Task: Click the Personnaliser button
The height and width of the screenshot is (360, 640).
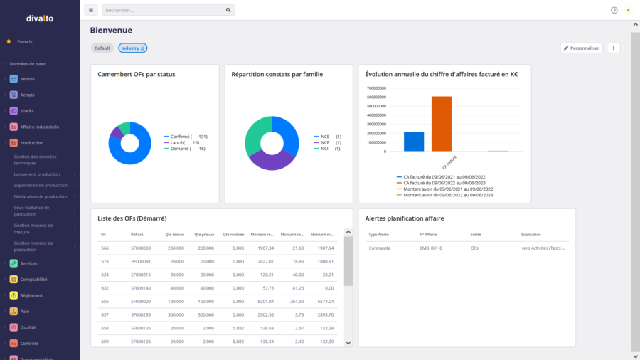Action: (x=582, y=48)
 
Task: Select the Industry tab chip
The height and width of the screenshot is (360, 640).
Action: (x=132, y=48)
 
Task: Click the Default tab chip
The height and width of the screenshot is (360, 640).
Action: (x=102, y=48)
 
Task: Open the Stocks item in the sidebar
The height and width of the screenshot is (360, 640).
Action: (x=27, y=110)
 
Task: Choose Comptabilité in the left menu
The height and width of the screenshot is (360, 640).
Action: (x=33, y=280)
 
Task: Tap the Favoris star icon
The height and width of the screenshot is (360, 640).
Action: (x=9, y=41)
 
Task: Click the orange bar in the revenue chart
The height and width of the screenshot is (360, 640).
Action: (x=442, y=123)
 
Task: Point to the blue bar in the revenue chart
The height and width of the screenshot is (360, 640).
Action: (x=414, y=141)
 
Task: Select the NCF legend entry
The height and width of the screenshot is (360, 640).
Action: (x=325, y=142)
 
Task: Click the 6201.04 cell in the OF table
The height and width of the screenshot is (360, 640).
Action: (x=264, y=301)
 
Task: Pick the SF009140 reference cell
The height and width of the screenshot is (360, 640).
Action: (x=141, y=287)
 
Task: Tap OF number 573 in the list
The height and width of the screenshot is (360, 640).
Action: (x=105, y=261)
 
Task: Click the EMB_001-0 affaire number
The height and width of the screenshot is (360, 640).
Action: (x=431, y=248)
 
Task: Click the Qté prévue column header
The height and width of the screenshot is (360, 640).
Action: (x=203, y=234)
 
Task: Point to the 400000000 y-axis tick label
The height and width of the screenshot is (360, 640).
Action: (x=377, y=115)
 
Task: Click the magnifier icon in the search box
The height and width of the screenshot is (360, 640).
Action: (x=228, y=10)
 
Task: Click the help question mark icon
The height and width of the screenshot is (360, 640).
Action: (x=614, y=10)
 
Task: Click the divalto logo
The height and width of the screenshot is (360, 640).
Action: (x=40, y=18)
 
